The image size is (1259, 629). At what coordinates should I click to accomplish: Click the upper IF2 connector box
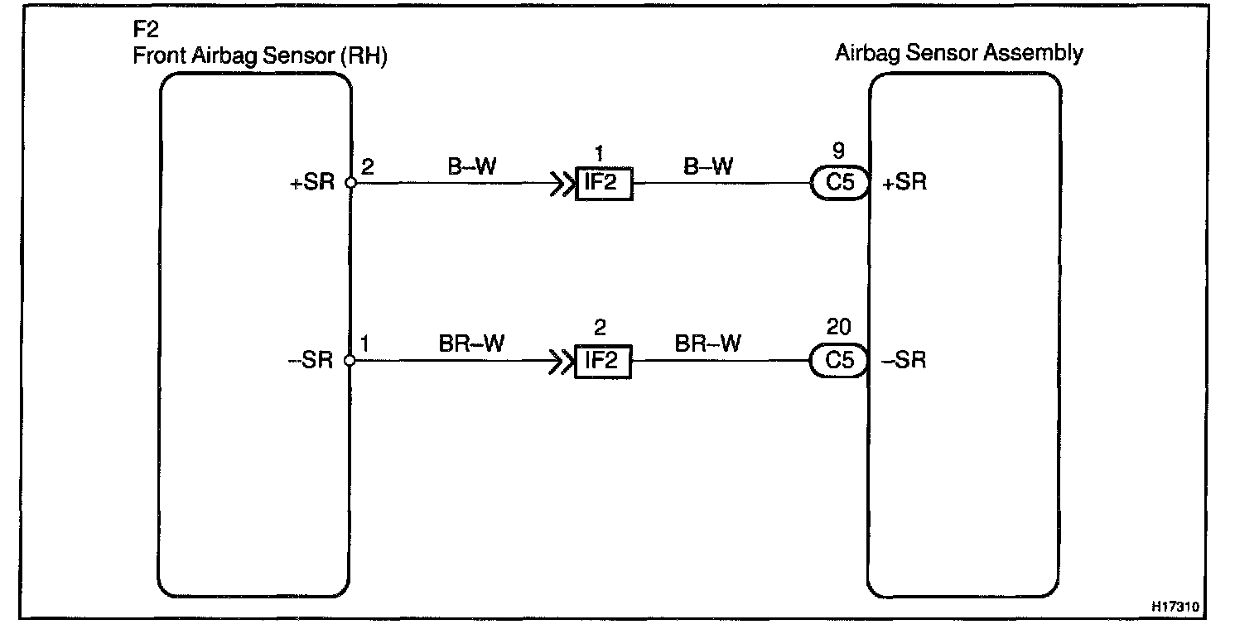coord(603,184)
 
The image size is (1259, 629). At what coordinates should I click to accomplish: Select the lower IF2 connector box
coord(603,362)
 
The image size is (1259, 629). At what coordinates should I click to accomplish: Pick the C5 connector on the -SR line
coord(840,362)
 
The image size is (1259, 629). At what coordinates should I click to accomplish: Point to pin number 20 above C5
coord(839,327)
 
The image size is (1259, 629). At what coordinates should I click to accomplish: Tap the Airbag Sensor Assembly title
coord(958,54)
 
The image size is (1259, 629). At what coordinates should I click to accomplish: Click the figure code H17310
coord(1174,607)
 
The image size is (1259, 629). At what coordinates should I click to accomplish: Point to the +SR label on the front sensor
coord(312,184)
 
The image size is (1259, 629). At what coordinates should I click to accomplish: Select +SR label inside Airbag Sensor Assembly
coord(904,184)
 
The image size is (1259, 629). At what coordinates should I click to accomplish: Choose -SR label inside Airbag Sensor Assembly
coord(904,362)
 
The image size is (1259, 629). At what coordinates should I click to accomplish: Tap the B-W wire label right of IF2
coord(709,167)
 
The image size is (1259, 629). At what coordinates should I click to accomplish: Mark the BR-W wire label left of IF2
coord(471,343)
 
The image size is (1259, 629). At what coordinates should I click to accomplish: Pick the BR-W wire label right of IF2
coord(708,343)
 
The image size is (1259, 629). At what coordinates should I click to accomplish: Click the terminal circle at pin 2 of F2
coord(350,184)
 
